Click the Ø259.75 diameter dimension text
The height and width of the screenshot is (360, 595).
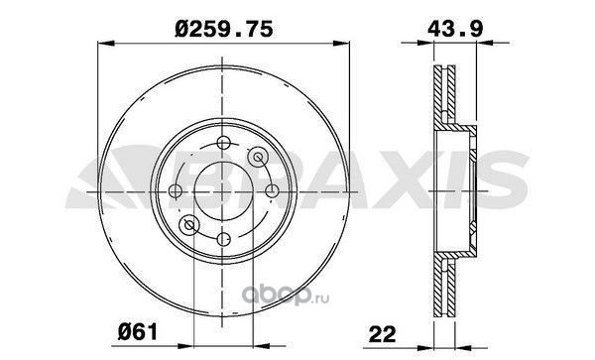point(224,29)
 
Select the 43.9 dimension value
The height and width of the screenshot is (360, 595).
point(455,29)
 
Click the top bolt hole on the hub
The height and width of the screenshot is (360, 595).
point(223,143)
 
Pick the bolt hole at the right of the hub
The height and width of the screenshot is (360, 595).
point(272,190)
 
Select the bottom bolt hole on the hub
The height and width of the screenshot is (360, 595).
point(223,239)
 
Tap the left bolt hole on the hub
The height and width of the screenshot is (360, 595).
point(176,190)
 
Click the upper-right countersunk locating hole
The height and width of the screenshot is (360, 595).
point(258,157)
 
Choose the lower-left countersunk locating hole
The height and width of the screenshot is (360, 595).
point(189,225)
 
